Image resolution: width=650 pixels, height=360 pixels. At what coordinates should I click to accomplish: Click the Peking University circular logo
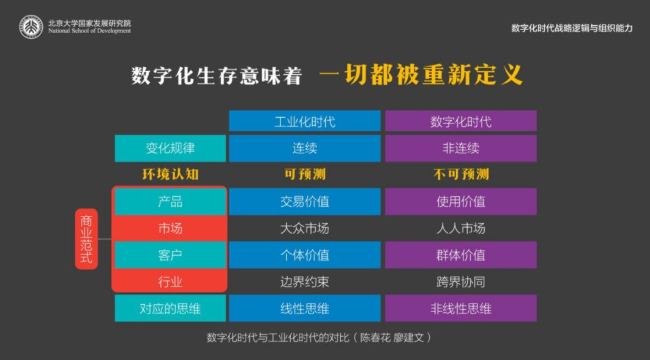click(x=31, y=27)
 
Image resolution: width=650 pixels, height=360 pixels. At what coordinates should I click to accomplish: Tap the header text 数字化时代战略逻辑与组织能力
click(x=571, y=28)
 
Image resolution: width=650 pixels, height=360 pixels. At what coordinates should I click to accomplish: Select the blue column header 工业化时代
click(x=304, y=121)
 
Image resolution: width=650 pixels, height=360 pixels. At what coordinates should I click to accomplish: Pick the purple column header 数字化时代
click(x=460, y=121)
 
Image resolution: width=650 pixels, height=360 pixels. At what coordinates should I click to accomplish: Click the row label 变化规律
click(x=170, y=148)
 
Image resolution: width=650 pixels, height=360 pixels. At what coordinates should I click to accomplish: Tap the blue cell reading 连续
click(x=304, y=148)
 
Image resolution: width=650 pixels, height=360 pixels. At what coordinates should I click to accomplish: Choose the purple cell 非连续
click(x=460, y=148)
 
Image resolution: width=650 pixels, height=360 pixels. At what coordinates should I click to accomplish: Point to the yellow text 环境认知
click(x=170, y=175)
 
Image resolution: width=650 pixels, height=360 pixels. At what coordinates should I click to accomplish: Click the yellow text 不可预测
click(x=460, y=175)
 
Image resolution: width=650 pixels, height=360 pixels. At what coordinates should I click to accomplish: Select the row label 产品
click(x=170, y=201)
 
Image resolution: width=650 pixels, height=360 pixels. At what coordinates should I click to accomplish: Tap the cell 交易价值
click(x=304, y=201)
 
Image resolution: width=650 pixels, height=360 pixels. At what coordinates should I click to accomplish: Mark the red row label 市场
click(x=170, y=228)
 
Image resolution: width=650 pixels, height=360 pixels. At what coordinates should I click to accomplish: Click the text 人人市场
click(x=460, y=228)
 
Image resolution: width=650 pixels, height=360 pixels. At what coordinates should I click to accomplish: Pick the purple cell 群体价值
click(x=460, y=255)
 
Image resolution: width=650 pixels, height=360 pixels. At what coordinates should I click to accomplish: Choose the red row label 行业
click(x=170, y=281)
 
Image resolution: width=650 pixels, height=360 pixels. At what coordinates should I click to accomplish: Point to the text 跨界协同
click(x=460, y=281)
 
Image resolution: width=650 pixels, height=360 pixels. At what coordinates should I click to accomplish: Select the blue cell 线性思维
click(x=304, y=308)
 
